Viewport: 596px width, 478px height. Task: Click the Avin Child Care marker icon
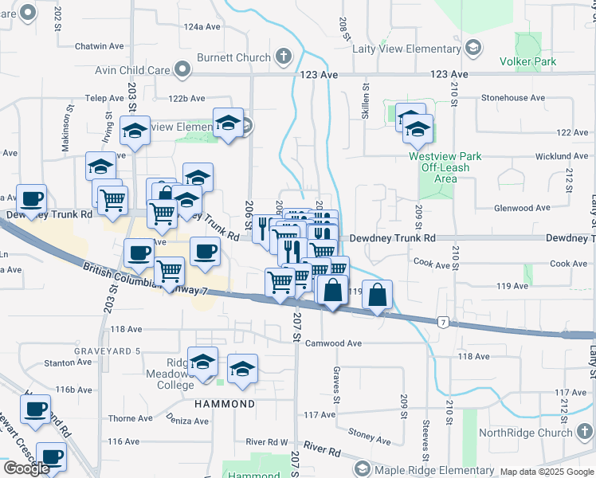[x=183, y=70]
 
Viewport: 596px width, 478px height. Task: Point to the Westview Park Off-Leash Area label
[x=445, y=167]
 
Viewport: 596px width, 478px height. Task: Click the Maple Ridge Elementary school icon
[x=363, y=468]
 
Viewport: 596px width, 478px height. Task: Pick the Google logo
[x=26, y=468]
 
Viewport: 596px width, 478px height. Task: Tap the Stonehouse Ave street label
[x=512, y=98]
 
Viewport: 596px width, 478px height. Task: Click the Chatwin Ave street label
[x=96, y=46]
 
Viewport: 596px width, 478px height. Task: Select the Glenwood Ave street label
[x=523, y=208]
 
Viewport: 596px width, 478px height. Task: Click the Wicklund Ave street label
[x=545, y=156]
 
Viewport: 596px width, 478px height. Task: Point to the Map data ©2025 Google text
[x=546, y=472]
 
